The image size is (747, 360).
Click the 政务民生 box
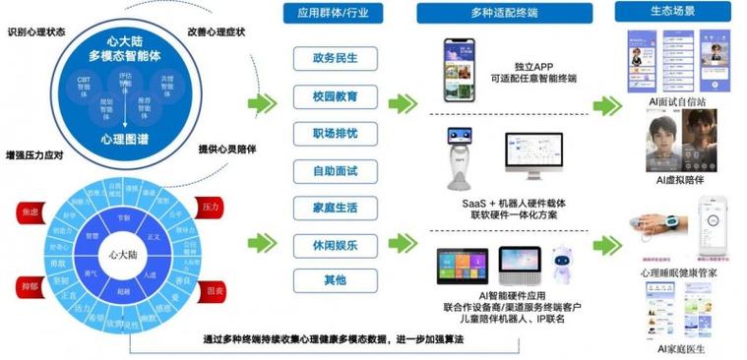(335, 59)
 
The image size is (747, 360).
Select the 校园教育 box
(335, 96)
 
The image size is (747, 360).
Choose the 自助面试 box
(335, 171)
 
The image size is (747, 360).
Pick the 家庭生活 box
(335, 208)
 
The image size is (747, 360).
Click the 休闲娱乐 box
(335, 244)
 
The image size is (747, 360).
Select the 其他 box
(335, 280)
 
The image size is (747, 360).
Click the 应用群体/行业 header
(335, 14)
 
